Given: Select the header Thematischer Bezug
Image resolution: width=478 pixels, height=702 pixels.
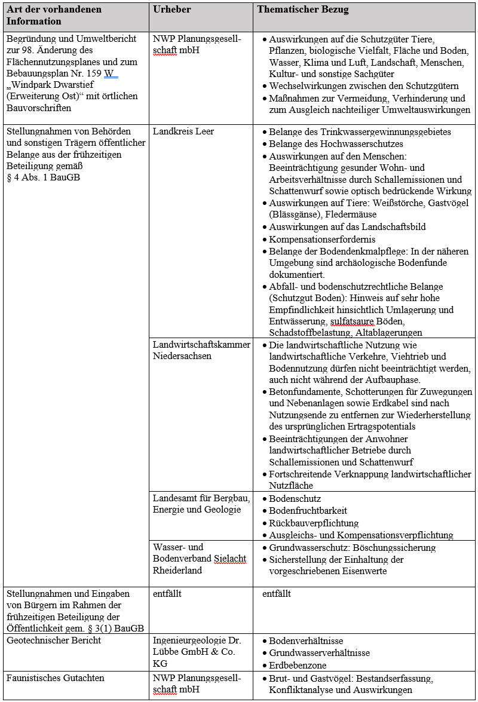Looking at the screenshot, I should point(303,10).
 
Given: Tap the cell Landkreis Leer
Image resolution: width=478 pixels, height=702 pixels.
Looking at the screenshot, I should point(183,132).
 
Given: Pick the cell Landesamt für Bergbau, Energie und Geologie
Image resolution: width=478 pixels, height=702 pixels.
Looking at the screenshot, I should point(201,504).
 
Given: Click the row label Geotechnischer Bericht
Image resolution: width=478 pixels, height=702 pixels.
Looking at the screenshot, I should point(54,640).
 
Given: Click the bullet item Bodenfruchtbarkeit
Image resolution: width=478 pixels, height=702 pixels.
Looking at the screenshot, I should point(308,511).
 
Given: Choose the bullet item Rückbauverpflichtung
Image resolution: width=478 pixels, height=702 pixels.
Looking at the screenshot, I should point(314,523).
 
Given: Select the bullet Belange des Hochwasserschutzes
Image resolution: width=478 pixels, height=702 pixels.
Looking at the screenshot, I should point(336,144).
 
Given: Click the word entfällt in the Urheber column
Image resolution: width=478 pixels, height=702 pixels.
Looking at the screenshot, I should point(167,594).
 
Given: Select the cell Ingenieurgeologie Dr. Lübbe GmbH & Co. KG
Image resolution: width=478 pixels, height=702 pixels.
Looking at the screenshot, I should point(197,652).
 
